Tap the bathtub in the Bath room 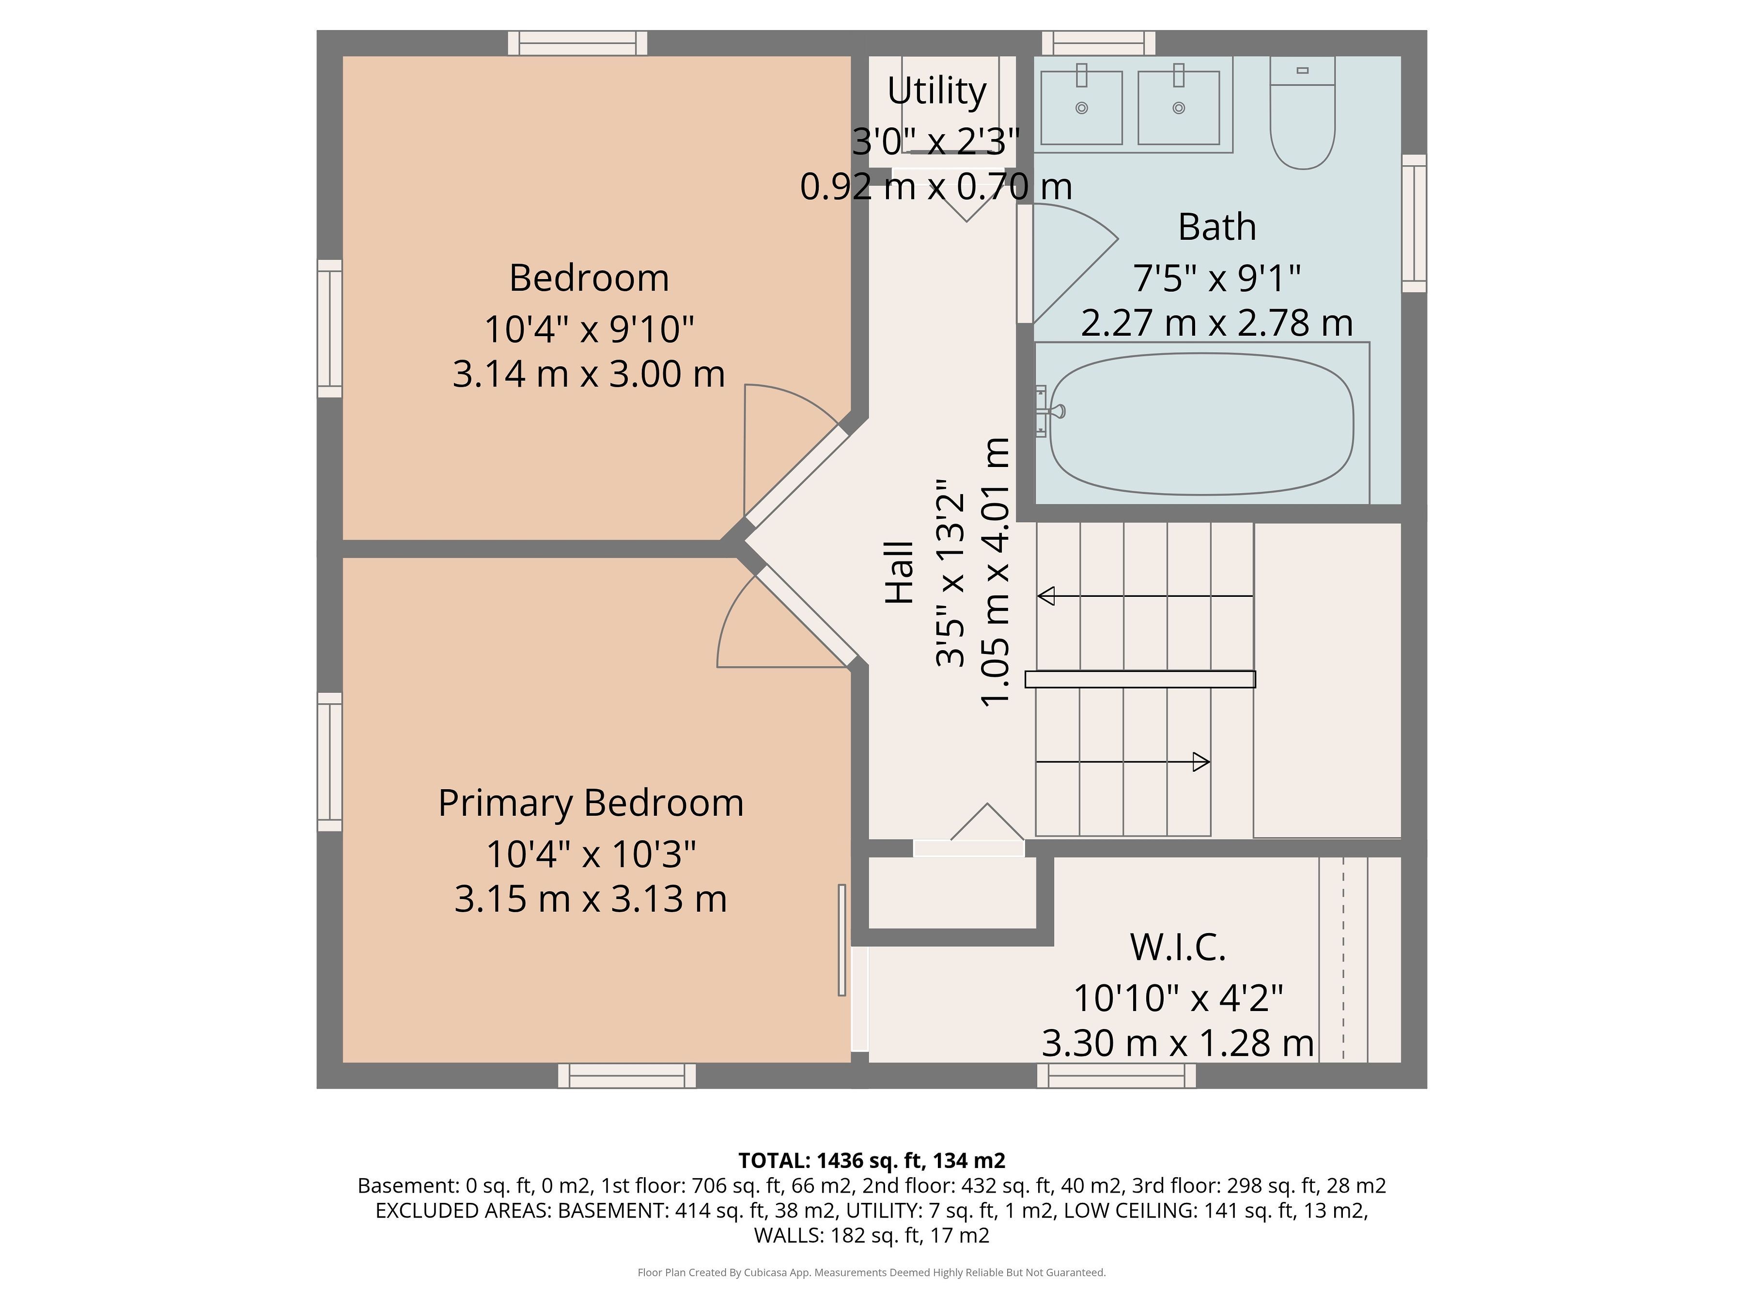tap(1201, 424)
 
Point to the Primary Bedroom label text tap(591, 803)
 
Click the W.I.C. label tap(1178, 947)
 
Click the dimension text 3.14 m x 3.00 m tap(588, 374)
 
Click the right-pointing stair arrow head tap(1201, 762)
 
